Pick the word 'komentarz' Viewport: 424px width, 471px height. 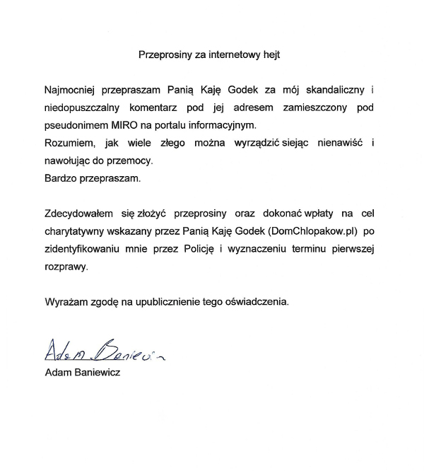[175, 108]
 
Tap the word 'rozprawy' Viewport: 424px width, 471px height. [66, 265]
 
